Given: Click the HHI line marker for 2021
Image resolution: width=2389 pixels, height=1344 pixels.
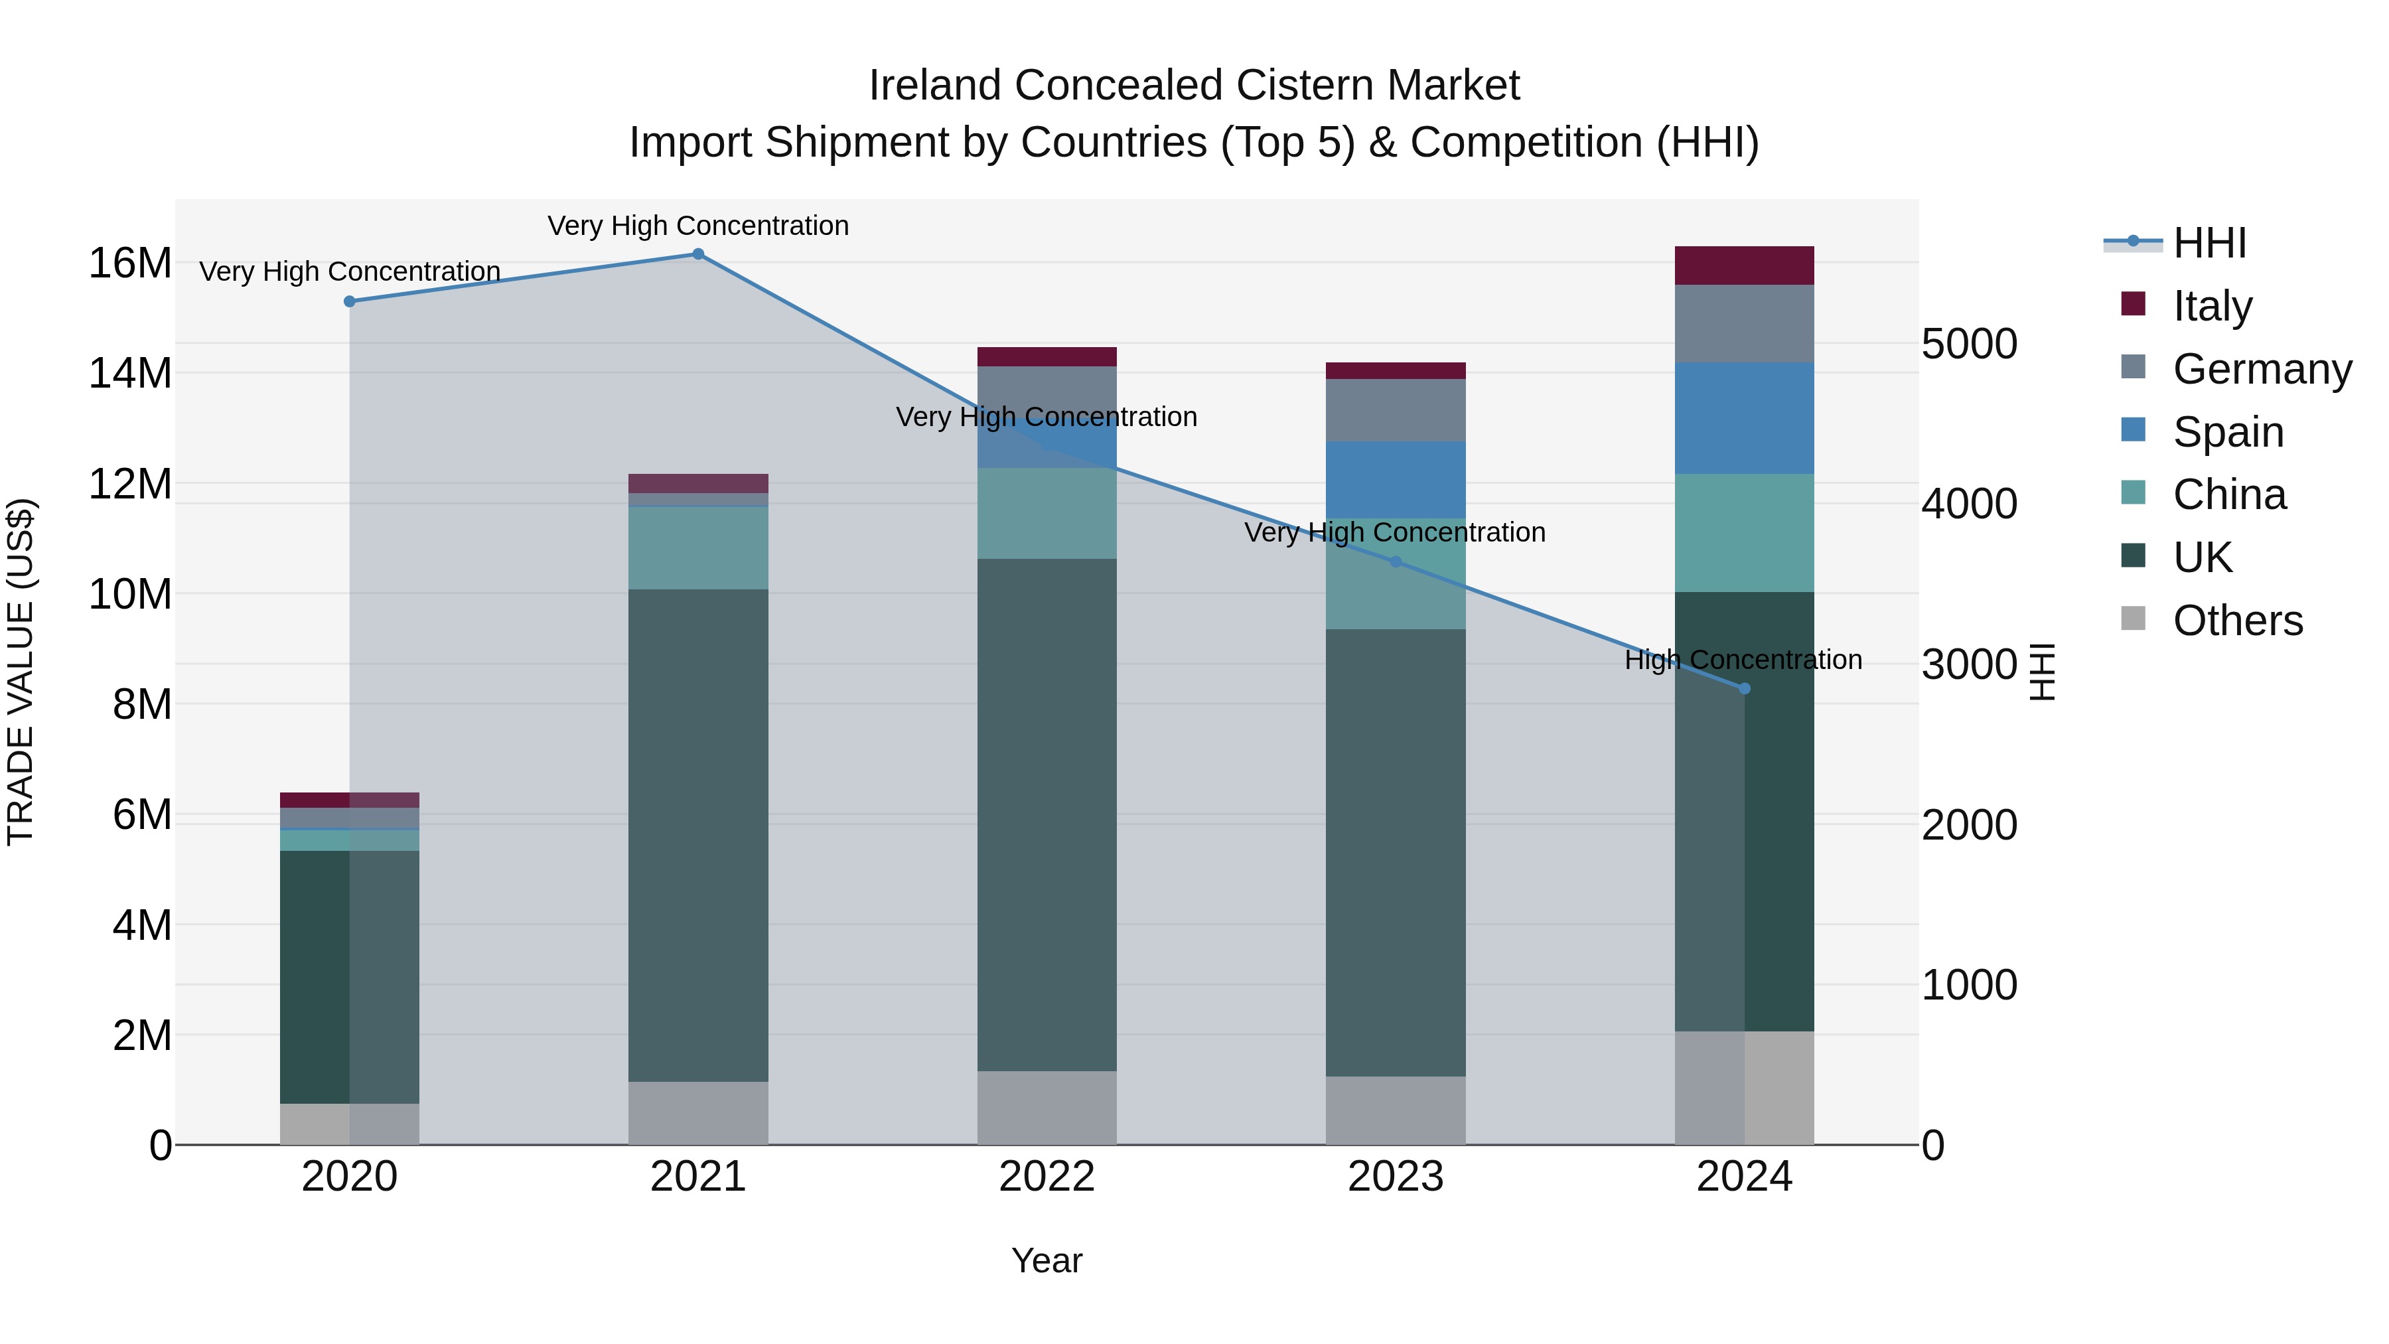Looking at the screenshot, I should [698, 254].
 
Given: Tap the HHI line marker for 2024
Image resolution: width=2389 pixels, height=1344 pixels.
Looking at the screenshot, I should [1745, 688].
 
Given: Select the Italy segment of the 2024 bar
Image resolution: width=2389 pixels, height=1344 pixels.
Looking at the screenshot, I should [1745, 265].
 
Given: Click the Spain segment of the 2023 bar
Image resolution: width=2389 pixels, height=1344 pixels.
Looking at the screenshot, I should [1396, 480].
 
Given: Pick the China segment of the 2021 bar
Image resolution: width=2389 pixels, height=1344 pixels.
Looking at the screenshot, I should [698, 548].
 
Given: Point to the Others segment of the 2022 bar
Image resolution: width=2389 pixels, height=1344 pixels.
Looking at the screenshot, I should [1047, 1108].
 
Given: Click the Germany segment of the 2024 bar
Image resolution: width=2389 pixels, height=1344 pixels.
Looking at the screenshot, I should [1745, 324].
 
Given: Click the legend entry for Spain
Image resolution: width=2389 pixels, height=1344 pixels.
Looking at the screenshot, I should [2228, 432].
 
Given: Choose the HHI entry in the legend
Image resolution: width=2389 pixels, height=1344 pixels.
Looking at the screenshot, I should [2209, 243].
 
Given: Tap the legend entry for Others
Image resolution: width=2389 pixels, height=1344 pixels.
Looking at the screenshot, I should [2237, 621].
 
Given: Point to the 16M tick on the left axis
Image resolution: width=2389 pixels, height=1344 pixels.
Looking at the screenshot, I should [130, 263].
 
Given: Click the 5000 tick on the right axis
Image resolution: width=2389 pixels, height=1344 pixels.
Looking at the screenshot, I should [1969, 344].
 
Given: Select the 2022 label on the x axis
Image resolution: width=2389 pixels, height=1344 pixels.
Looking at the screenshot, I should [1047, 1177].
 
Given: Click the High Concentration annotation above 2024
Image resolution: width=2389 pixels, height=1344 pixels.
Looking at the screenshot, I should [1743, 660].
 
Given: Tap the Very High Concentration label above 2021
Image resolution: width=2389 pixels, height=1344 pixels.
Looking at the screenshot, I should [698, 226].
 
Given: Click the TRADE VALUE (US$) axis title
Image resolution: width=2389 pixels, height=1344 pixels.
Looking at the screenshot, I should [21, 672].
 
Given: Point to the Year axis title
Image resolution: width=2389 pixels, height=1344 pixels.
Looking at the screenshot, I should [1047, 1260].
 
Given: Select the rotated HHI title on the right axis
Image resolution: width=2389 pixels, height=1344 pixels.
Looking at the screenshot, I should [2042, 672].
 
